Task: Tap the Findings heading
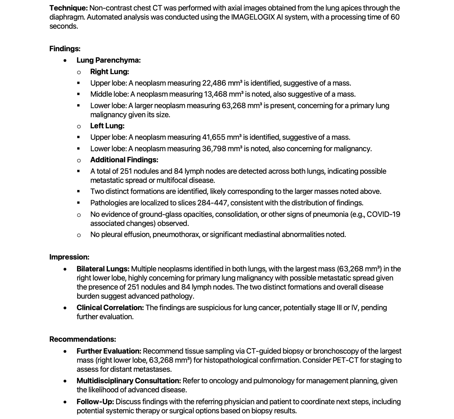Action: (x=65, y=49)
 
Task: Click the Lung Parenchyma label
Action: (x=109, y=60)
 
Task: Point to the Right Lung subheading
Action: (x=109, y=72)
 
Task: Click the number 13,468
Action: (x=214, y=94)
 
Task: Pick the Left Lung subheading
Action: (x=107, y=126)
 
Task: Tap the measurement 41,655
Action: (x=214, y=137)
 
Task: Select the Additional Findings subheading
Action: (x=124, y=160)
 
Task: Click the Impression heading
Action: (x=69, y=257)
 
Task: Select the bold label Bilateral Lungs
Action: (x=103, y=269)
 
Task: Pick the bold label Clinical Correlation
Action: (x=110, y=308)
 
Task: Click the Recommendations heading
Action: (x=83, y=339)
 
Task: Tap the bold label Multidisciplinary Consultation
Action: (x=129, y=381)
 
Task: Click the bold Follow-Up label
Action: (x=95, y=402)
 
